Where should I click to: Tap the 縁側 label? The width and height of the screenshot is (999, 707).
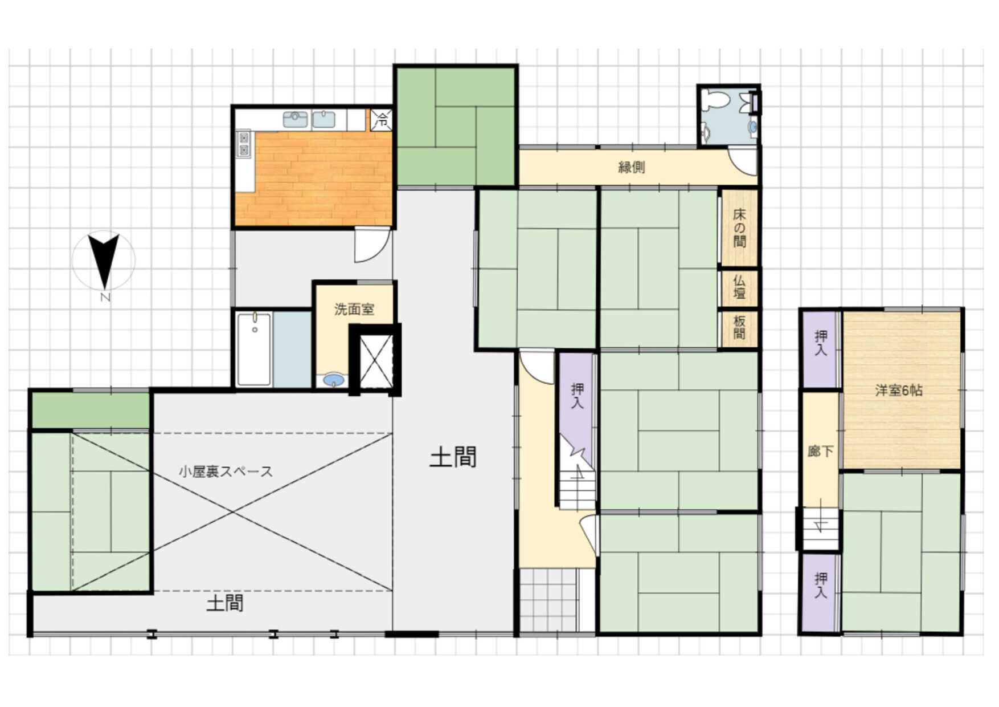click(632, 167)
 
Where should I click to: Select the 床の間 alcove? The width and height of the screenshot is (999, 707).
click(739, 228)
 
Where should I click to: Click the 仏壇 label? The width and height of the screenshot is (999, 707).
click(739, 287)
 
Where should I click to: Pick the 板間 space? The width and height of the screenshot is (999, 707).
click(739, 328)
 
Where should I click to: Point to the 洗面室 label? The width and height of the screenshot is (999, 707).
click(354, 310)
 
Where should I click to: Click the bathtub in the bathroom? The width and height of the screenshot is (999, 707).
click(254, 350)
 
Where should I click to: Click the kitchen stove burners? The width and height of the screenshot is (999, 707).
click(244, 143)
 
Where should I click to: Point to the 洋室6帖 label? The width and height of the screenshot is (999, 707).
click(899, 391)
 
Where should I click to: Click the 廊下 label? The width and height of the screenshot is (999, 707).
click(820, 452)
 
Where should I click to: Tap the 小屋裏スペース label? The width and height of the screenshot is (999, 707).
click(226, 472)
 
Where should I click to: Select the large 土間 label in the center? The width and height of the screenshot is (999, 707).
click(453, 457)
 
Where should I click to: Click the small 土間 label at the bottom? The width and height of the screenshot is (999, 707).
click(225, 603)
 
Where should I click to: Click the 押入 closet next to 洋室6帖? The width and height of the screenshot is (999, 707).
click(821, 350)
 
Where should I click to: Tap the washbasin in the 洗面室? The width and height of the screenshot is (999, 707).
click(334, 380)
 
